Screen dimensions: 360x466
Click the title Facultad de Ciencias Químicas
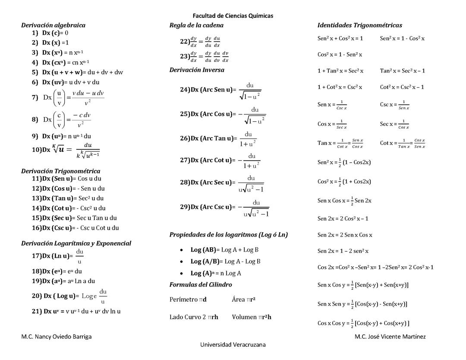coord(233,16)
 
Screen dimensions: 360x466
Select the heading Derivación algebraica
coord(53,25)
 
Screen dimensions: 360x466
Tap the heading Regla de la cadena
coord(196,25)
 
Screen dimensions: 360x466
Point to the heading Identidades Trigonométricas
coord(359,25)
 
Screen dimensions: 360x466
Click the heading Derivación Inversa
coord(197,69)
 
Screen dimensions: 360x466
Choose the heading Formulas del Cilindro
coord(200,284)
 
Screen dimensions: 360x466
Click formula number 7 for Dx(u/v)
coord(68,98)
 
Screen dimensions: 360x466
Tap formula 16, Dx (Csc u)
coord(76,227)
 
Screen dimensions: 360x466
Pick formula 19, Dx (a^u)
coord(63,281)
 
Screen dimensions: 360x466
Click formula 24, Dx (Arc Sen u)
coord(220,90)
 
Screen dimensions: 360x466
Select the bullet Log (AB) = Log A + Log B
coord(224,249)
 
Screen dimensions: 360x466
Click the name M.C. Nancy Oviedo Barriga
coord(57,336)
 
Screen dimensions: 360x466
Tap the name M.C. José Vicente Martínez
coord(390,336)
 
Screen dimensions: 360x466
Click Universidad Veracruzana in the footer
coord(233,344)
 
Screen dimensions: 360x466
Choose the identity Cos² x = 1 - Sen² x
coord(340,54)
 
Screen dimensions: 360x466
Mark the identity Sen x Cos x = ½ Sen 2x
coord(344,200)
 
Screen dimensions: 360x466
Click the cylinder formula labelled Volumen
coord(252,317)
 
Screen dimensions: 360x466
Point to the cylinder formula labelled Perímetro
coord(188,299)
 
